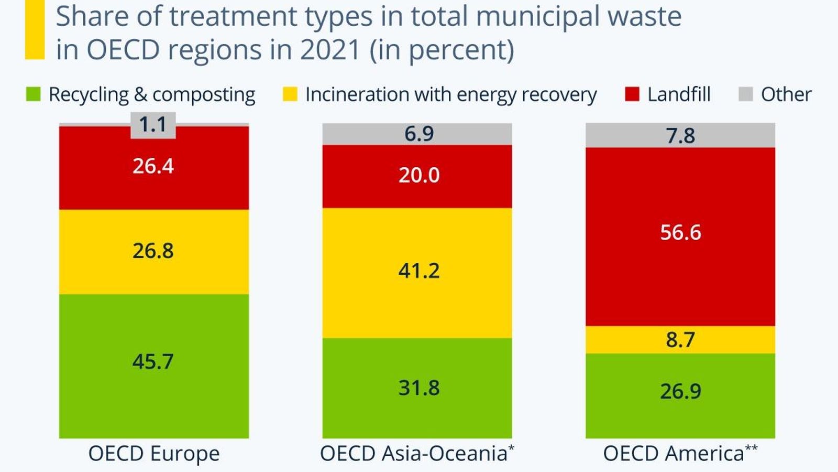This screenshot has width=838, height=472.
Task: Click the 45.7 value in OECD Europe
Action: [x=153, y=361]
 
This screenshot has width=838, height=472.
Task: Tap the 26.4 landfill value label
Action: [x=153, y=166]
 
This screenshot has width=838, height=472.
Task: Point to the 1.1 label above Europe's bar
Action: [x=153, y=125]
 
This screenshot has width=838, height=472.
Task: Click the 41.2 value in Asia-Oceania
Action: [x=418, y=271]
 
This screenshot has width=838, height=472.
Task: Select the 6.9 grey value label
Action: [x=418, y=134]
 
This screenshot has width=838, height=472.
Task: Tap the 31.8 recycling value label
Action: [x=418, y=388]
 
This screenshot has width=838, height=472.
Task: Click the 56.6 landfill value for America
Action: [x=680, y=232]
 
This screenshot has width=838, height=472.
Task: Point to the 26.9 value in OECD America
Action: [x=680, y=391]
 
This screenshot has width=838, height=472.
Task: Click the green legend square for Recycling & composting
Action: [x=34, y=94]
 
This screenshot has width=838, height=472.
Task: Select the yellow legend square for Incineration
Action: [x=290, y=94]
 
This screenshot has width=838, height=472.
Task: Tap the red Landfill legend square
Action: [x=632, y=94]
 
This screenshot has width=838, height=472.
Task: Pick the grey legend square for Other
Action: [x=745, y=94]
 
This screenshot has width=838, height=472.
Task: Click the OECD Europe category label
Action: [x=154, y=454]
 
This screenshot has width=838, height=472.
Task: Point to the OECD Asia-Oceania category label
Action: [x=417, y=454]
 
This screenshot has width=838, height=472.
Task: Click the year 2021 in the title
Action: [x=330, y=50]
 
